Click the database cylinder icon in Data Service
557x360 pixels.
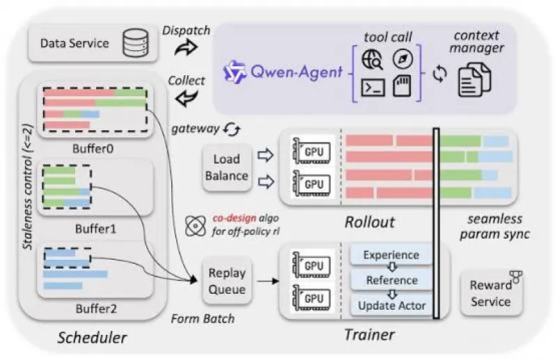[136, 43]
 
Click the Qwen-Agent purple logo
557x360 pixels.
[235, 72]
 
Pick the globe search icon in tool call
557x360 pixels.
[372, 59]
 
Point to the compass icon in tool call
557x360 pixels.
[402, 58]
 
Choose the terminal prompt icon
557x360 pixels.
[373, 88]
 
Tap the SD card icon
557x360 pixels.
[402, 86]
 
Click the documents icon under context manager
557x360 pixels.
[475, 79]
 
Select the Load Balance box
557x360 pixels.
[227, 167]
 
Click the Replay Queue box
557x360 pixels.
[227, 281]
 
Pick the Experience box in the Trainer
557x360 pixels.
[391, 255]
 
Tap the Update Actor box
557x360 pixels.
[391, 305]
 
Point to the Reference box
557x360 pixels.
[391, 280]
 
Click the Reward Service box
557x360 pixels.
[491, 293]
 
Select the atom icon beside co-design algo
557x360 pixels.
[195, 226]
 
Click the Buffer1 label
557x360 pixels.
[95, 228]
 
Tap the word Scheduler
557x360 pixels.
[92, 338]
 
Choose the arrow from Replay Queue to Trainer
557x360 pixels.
[267, 281]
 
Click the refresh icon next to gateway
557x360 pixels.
[232, 130]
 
